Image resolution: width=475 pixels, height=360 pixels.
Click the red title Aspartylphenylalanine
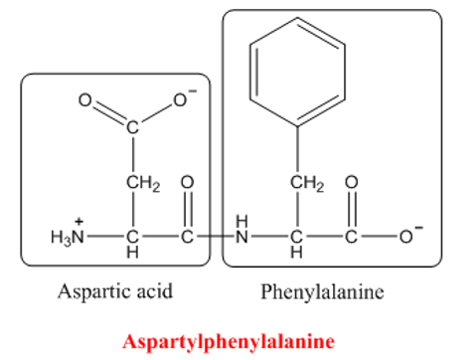click(x=229, y=342)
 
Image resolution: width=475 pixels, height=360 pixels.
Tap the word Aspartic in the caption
click(x=93, y=291)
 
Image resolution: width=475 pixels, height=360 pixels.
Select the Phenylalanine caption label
click(x=322, y=291)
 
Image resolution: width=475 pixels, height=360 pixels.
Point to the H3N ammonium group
click(x=68, y=237)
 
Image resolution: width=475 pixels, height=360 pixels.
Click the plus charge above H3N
click(x=79, y=221)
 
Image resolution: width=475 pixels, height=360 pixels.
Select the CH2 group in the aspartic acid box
click(x=143, y=183)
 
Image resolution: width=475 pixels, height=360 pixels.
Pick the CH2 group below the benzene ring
click(x=307, y=183)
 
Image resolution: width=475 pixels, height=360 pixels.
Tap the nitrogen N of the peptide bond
click(x=241, y=237)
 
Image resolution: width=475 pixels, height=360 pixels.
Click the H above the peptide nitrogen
click(x=241, y=221)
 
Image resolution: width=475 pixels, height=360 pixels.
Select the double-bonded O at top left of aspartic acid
click(x=84, y=100)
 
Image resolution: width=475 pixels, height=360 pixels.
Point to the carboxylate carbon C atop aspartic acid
click(x=132, y=127)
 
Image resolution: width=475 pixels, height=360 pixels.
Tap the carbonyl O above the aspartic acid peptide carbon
click(x=187, y=182)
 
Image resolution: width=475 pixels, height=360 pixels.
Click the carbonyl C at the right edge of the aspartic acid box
click(x=187, y=237)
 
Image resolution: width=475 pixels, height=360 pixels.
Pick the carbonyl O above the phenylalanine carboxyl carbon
click(x=352, y=182)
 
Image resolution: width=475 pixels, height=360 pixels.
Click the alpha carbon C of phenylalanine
click(x=296, y=237)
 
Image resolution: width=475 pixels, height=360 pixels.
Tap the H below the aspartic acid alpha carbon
click(x=132, y=253)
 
